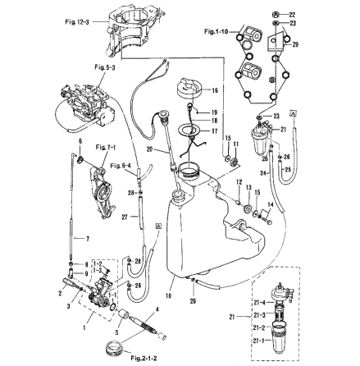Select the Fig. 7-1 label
(106, 146)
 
